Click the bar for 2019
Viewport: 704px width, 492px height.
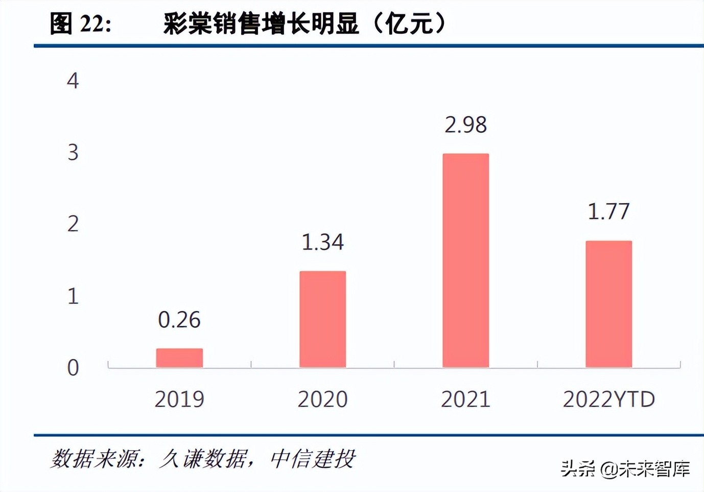tap(179, 358)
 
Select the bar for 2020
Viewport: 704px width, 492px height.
tap(322, 319)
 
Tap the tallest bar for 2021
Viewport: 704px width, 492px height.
tap(465, 260)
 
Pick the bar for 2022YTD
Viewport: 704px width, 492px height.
tap(608, 304)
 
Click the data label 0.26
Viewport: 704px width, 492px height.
tap(179, 320)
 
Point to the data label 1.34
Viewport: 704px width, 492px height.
tap(322, 242)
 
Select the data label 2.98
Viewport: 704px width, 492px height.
tap(465, 125)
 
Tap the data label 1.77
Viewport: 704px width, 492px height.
tap(608, 211)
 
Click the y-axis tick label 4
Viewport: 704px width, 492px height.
tap(73, 81)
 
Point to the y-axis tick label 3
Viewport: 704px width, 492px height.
tap(73, 153)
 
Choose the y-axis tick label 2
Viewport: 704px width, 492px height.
tap(73, 224)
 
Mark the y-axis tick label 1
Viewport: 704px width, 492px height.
tap(73, 296)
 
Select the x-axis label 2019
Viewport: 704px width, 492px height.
tap(179, 399)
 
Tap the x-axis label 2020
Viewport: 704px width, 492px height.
tap(322, 399)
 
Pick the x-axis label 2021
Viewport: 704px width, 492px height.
tap(465, 399)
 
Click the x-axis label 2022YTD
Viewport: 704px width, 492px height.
tap(608, 399)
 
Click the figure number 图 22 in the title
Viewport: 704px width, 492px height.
tap(80, 24)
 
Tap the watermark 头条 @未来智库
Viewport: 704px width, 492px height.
tap(625, 469)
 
